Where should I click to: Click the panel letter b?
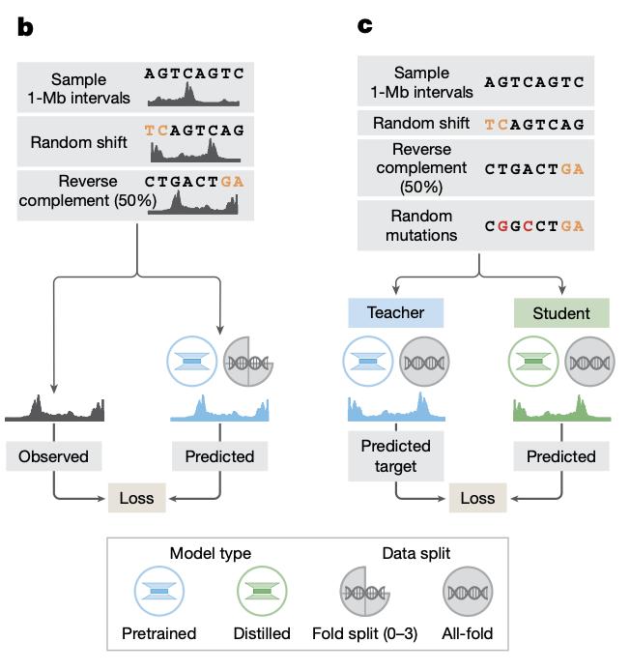(x=25, y=28)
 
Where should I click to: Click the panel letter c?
(x=365, y=26)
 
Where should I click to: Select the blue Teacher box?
(x=396, y=312)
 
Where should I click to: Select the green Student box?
(x=561, y=312)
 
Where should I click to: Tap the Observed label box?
(x=53, y=456)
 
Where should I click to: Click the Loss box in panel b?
(x=137, y=498)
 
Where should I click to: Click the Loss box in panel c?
(x=478, y=498)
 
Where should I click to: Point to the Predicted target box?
(x=396, y=456)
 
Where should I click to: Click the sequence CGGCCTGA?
(x=534, y=225)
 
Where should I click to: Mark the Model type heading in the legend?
(x=211, y=554)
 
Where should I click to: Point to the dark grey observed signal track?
(x=55, y=409)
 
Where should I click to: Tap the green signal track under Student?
(x=560, y=408)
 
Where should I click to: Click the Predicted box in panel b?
(x=219, y=456)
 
